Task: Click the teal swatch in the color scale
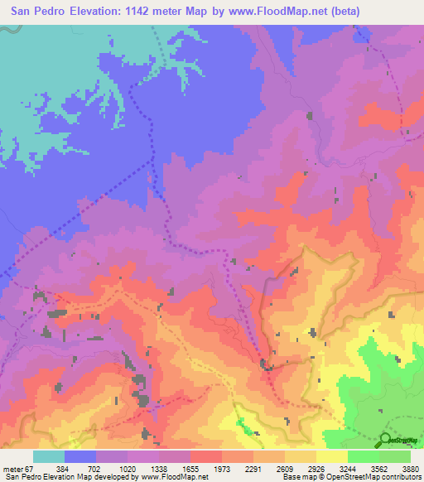coord(49,455)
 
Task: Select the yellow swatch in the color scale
coord(331,455)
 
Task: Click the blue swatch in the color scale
coord(80,455)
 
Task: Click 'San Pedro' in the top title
coord(33,11)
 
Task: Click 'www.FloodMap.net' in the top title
coord(281,11)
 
